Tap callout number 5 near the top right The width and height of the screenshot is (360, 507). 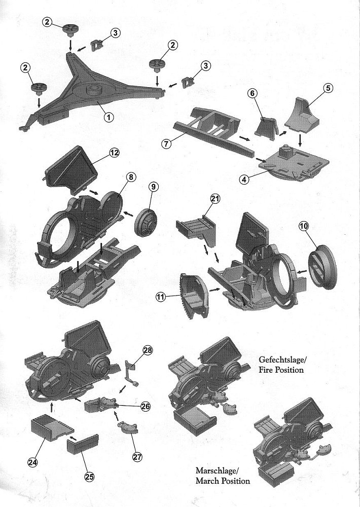point(328,88)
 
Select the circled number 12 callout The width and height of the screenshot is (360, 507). point(114,152)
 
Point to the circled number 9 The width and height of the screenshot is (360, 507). point(154,187)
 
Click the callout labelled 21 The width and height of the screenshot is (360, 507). point(214,200)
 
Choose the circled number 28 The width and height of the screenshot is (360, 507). point(148,350)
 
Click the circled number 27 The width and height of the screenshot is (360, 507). point(136,456)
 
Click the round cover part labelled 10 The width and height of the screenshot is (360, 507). point(322,267)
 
